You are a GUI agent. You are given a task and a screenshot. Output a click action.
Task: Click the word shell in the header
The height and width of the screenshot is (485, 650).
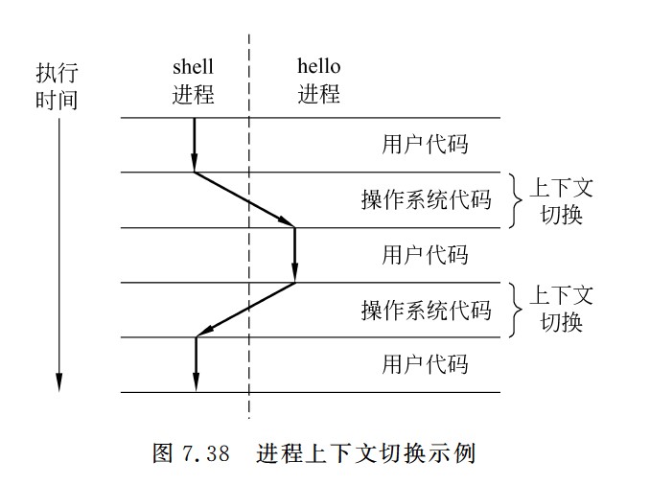(x=194, y=67)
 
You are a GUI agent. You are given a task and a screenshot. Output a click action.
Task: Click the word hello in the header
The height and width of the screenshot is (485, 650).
(x=318, y=67)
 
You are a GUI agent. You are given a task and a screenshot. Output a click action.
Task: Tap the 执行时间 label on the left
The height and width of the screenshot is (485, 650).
(x=57, y=86)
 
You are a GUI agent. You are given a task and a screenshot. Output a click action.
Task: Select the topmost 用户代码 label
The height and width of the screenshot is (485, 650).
(x=425, y=146)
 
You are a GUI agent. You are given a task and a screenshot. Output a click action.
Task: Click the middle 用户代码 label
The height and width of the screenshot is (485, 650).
(x=425, y=255)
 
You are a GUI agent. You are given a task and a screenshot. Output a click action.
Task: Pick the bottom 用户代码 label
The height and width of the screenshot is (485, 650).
(x=425, y=364)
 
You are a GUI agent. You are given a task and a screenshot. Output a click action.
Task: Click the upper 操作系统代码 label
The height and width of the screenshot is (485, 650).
(x=426, y=200)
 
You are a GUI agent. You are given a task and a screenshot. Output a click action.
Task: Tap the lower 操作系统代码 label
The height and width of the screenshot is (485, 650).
(x=426, y=311)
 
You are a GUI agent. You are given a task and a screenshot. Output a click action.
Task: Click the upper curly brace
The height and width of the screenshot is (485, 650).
(x=516, y=199)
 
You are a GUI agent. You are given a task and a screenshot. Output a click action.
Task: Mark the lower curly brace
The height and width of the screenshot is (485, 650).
(x=516, y=310)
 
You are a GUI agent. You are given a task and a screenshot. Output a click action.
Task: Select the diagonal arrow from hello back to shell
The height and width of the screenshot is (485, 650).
(x=245, y=310)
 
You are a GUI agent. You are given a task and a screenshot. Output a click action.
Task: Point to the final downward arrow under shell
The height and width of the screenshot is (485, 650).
(x=196, y=364)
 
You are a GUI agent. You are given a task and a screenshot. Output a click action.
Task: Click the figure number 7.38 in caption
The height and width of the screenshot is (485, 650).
(x=204, y=453)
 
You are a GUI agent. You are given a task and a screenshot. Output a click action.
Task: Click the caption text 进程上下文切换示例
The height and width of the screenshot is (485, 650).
(x=365, y=453)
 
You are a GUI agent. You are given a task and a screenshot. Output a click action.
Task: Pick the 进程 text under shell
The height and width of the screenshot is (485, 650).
(x=194, y=95)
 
